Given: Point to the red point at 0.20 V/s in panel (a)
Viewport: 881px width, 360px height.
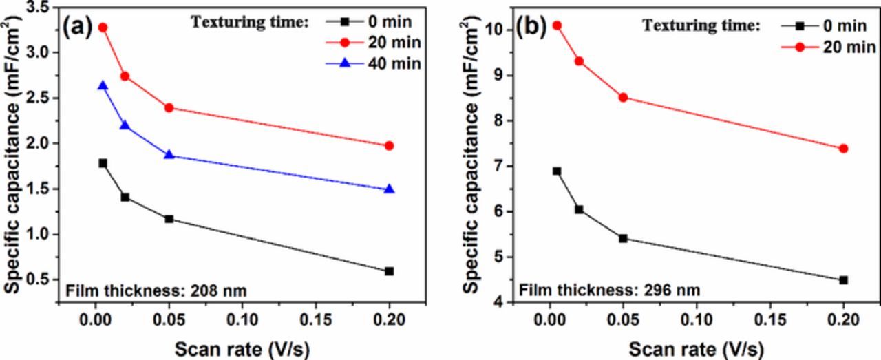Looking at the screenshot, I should tap(389, 146).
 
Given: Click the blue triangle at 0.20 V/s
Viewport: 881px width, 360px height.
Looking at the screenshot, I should tap(389, 189).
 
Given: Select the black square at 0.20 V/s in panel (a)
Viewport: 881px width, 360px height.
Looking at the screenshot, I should tap(389, 271).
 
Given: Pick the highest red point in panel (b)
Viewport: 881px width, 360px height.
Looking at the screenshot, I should tap(557, 25).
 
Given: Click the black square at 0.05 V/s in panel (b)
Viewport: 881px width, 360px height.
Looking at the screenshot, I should tap(623, 238).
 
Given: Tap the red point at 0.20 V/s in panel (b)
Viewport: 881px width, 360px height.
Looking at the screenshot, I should tap(843, 149).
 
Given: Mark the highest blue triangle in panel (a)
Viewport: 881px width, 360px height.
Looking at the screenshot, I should tap(103, 86).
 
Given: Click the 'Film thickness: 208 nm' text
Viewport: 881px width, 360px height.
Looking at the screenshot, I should tap(156, 291).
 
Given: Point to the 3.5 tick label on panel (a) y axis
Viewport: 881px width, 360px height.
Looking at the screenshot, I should tap(38, 8).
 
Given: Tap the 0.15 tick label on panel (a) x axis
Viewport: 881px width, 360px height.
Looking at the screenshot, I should tap(315, 321).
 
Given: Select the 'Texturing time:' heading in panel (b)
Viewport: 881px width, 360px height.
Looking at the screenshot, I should tap(701, 26).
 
